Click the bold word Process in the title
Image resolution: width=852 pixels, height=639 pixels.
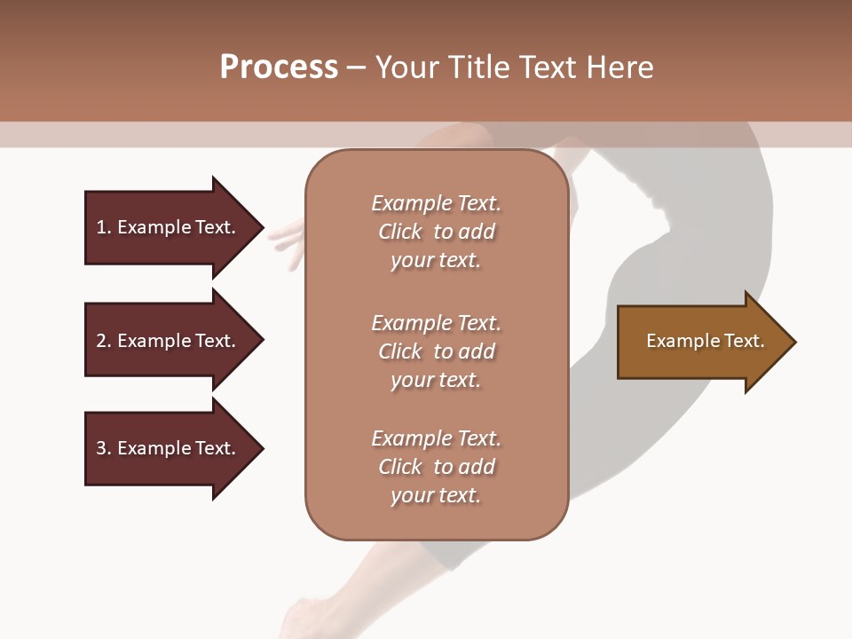click(x=279, y=67)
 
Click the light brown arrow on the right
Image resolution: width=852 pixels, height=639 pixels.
click(x=706, y=342)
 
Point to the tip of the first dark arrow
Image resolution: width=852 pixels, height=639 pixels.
click(x=262, y=227)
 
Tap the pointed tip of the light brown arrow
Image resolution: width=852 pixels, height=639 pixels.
click(x=794, y=342)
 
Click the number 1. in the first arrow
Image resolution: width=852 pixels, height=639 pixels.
click(x=103, y=227)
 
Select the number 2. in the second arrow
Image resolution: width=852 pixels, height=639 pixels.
click(x=103, y=341)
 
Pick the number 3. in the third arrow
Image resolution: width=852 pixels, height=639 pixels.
click(x=103, y=448)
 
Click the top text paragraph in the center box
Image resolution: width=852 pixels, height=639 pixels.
click(x=436, y=232)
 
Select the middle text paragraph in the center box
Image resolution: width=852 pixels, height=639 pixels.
click(x=436, y=351)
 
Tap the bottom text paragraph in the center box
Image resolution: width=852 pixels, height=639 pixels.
click(x=436, y=467)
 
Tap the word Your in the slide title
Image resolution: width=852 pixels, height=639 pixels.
click(x=405, y=67)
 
